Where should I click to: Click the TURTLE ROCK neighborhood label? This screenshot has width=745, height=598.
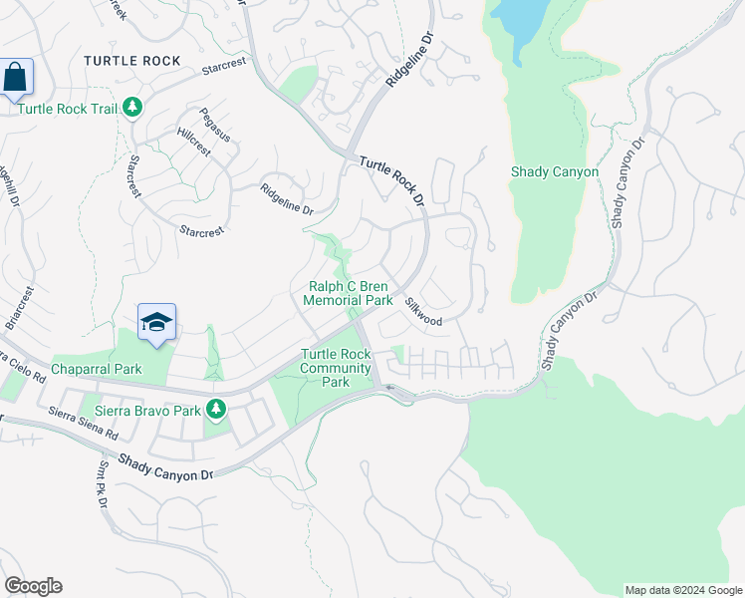pos(132,61)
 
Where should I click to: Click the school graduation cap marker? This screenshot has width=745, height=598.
pos(156,322)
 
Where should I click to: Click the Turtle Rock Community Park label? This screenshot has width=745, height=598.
pos(337,368)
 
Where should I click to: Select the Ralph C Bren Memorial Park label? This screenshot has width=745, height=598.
pos(348,293)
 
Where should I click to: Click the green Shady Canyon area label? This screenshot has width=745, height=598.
pos(555,171)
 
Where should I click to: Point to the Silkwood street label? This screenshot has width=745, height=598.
pos(423,311)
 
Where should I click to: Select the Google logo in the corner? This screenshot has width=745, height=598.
pos(33,586)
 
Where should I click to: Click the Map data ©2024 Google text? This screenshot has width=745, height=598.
pos(682,590)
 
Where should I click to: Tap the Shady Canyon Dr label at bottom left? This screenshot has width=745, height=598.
pos(166,465)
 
